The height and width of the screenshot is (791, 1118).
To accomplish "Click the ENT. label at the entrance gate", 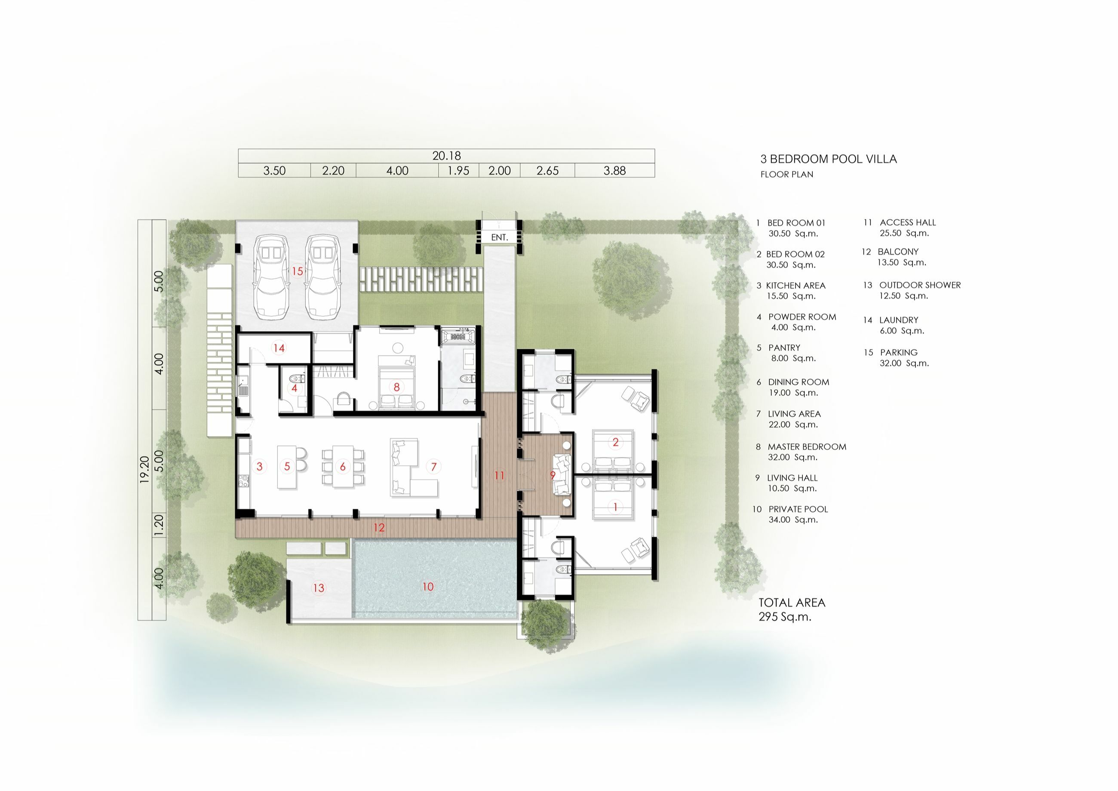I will [499, 238].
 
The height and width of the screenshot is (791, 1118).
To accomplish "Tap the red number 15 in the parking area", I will [297, 271].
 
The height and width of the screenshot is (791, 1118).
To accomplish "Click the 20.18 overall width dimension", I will [446, 156].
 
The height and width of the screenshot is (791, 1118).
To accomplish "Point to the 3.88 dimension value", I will [614, 170].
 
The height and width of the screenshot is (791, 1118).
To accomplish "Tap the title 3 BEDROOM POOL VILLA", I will [828, 159].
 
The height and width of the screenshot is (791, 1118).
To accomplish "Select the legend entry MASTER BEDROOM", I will [806, 446].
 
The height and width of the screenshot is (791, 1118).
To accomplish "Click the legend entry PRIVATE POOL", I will [798, 509].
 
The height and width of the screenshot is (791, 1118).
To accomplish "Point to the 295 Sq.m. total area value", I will [785, 617].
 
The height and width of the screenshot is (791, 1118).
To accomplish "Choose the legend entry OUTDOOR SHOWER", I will [919, 285].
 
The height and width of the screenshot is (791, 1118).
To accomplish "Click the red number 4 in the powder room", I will [294, 388].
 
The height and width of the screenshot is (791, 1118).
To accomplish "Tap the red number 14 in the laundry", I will [279, 348].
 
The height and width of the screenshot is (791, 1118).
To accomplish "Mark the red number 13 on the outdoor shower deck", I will [319, 588].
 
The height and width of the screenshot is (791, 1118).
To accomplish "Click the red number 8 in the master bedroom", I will [396, 387].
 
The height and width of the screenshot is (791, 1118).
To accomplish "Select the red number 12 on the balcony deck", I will [379, 527].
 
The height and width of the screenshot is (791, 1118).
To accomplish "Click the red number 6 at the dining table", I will [342, 467].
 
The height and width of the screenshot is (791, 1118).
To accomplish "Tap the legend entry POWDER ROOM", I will [802, 317].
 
